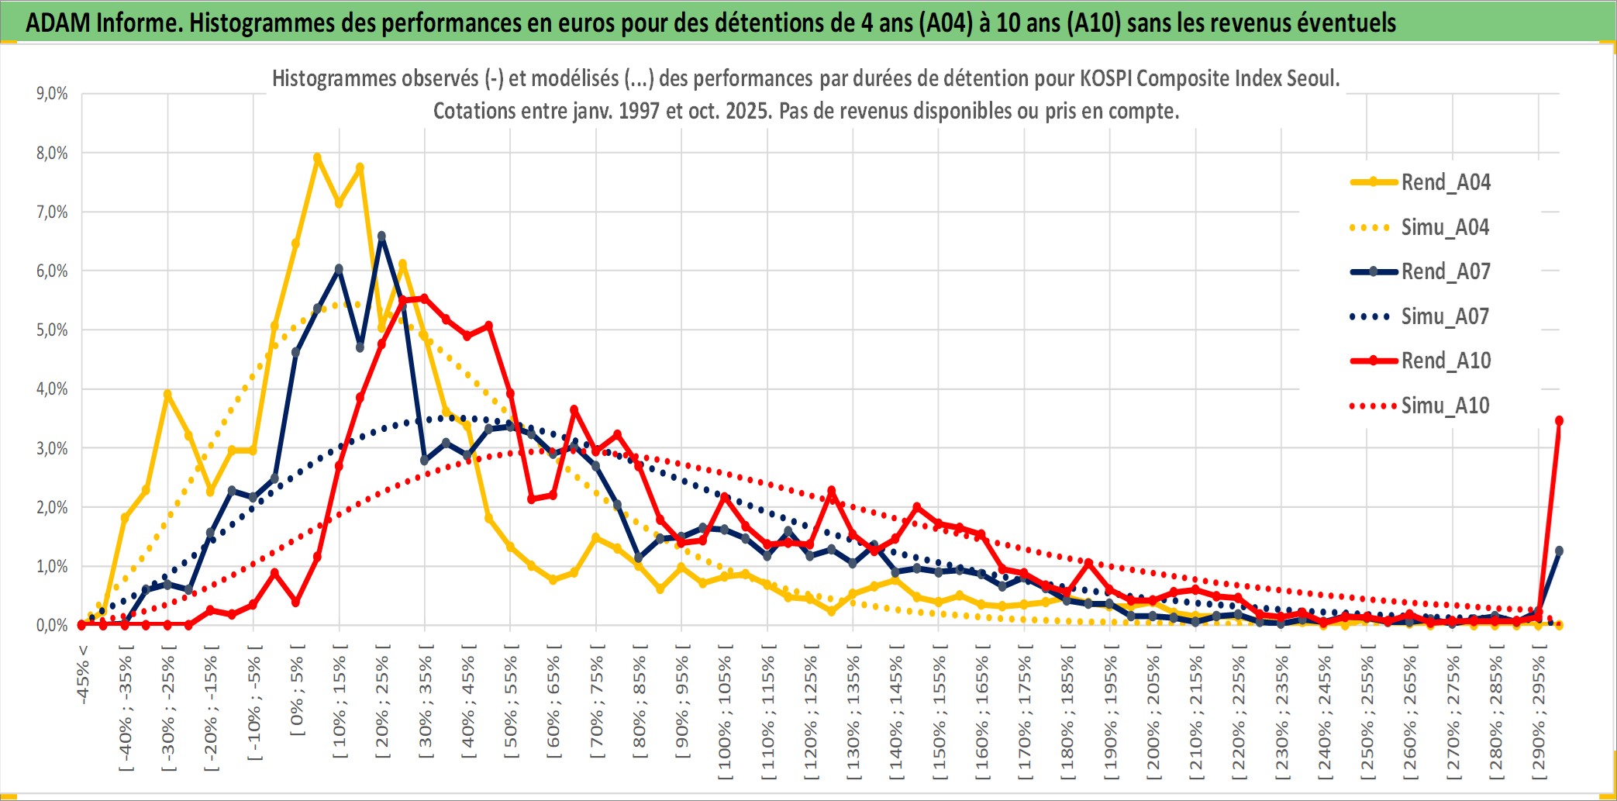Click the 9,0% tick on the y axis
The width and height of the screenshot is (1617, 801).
52,94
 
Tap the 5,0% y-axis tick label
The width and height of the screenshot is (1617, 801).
52,330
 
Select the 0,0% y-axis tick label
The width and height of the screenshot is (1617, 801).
52,626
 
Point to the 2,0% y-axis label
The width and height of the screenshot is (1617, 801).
52,508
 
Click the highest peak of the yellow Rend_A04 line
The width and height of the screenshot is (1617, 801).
317,157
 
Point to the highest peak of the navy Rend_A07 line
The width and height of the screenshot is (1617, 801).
381,236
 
